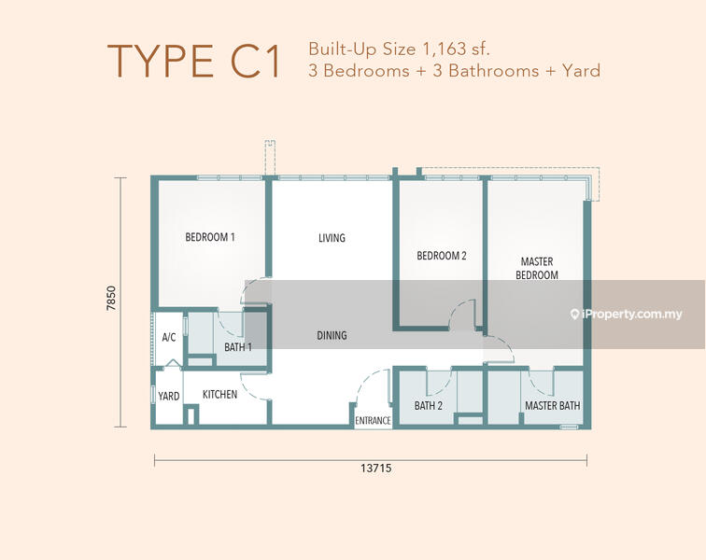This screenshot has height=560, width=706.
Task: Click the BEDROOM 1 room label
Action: click(x=210, y=237)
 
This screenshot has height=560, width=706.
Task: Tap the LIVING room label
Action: click(x=332, y=238)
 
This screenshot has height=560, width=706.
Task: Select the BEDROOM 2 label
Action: click(x=441, y=256)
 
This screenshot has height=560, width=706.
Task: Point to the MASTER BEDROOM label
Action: click(x=537, y=268)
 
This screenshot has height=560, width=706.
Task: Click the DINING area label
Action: click(x=332, y=335)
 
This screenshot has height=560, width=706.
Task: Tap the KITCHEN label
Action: click(x=219, y=395)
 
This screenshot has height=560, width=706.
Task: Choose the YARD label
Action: click(x=169, y=396)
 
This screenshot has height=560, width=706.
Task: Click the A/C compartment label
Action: click(x=169, y=337)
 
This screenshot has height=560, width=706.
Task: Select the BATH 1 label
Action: click(x=238, y=347)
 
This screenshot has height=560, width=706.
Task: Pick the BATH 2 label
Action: click(x=429, y=406)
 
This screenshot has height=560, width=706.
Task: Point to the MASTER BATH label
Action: click(x=553, y=406)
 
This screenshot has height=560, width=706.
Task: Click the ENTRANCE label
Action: click(x=373, y=420)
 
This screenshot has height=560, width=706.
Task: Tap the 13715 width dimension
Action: click(x=376, y=469)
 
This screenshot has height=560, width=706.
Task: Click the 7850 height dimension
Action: click(x=111, y=298)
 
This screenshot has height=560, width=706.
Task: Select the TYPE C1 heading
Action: click(x=194, y=61)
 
